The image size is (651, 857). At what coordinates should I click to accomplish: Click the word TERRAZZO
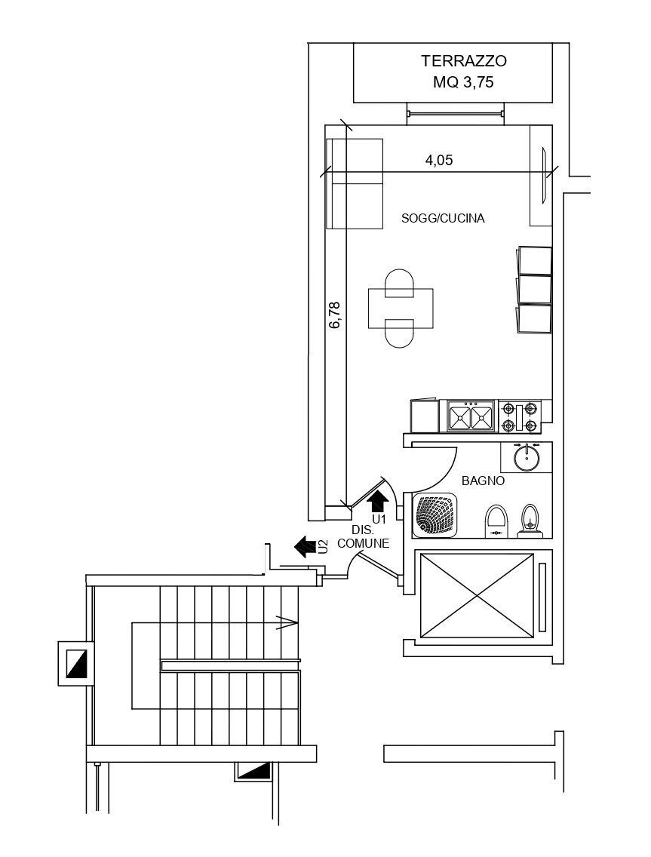click(x=463, y=61)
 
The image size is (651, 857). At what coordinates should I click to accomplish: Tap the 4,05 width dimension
click(x=439, y=160)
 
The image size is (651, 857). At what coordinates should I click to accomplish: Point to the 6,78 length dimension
click(x=335, y=315)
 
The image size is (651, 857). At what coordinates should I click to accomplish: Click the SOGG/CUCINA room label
click(x=443, y=219)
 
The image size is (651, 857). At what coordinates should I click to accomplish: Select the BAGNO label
click(x=483, y=480)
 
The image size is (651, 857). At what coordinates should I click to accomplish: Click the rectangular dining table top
click(x=401, y=309)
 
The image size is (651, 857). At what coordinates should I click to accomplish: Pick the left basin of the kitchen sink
click(x=459, y=416)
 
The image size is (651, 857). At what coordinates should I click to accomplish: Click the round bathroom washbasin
click(x=526, y=456)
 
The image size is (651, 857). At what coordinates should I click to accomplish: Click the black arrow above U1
click(x=378, y=499)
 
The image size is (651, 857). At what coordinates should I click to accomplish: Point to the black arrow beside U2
click(x=305, y=546)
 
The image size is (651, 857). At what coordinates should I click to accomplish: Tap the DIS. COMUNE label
click(x=363, y=537)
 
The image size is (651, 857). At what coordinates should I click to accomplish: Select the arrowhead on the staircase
click(x=287, y=622)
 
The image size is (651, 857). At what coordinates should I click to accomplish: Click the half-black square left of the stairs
click(x=77, y=663)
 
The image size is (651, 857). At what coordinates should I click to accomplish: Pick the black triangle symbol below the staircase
click(x=255, y=771)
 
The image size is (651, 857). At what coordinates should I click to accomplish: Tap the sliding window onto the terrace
click(x=455, y=114)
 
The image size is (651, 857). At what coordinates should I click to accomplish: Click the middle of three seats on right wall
click(x=535, y=289)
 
